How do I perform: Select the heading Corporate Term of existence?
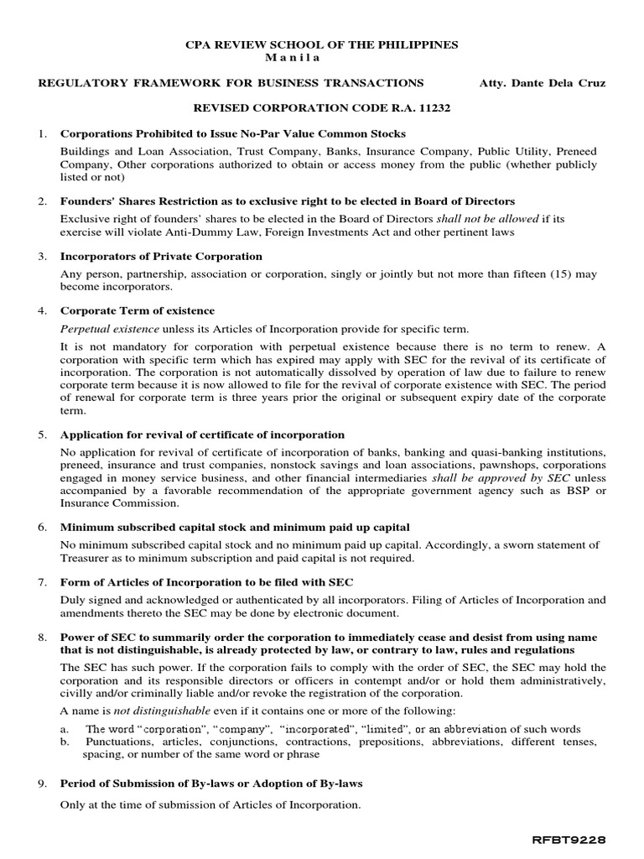[x=138, y=310]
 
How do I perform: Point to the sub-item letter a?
[x=65, y=729]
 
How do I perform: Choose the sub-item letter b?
[x=65, y=742]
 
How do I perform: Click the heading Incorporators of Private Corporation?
[x=161, y=256]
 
